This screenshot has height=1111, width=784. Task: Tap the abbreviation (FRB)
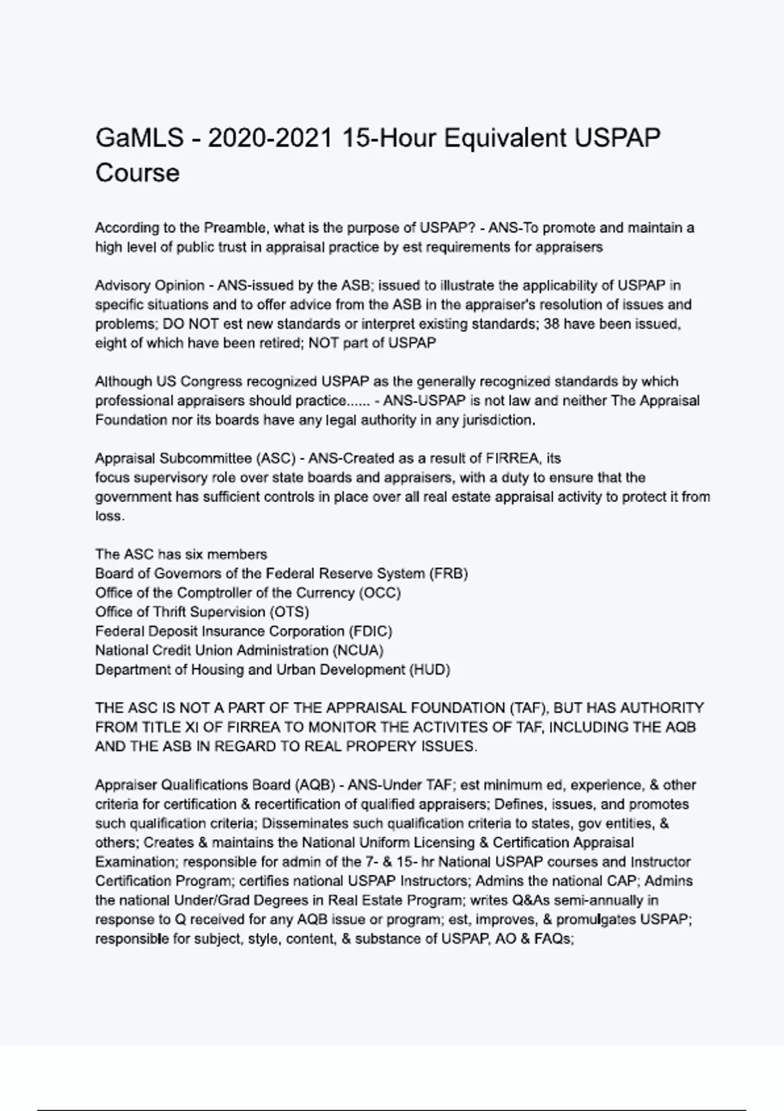point(448,574)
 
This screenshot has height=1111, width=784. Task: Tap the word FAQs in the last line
point(553,939)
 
